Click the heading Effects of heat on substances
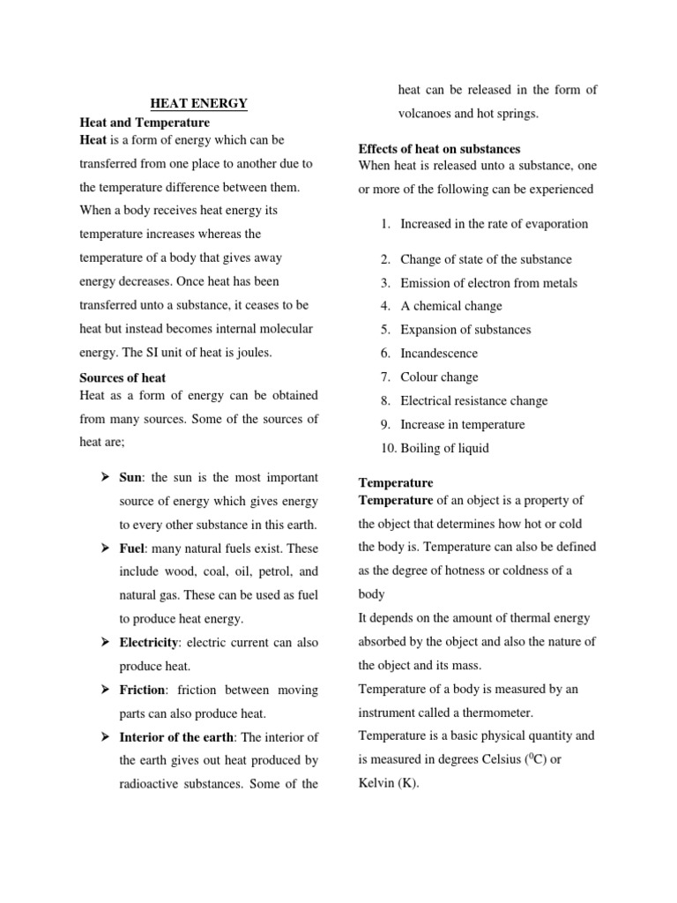tap(439, 148)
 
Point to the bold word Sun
tap(131, 478)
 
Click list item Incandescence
tap(439, 354)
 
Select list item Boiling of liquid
tap(444, 448)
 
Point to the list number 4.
tap(385, 306)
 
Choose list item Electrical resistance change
tap(473, 400)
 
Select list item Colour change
tap(439, 377)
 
